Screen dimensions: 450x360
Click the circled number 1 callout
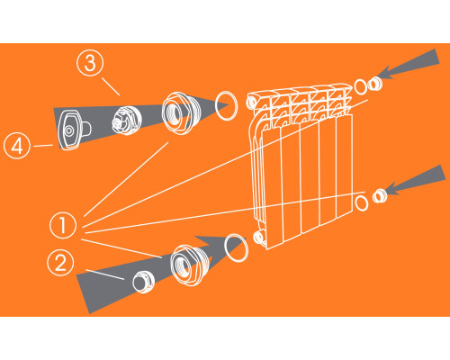coord(63,225)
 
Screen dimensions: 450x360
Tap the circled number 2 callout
coord(60,263)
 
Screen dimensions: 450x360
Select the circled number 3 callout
coord(90,63)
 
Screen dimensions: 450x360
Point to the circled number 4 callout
coord(17,146)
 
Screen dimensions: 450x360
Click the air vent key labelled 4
coord(72,129)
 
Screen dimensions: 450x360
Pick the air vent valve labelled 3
coord(126,120)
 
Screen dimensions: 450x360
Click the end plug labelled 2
coord(143,281)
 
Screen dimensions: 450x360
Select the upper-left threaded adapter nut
coord(178,112)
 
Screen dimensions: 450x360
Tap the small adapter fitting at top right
coord(375,84)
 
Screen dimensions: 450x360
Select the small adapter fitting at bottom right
coord(380,196)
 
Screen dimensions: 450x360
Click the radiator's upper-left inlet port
coord(251,103)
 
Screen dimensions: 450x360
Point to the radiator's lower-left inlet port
coord(258,237)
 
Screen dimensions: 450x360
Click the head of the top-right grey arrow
coord(385,73)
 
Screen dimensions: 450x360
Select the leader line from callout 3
coord(111,86)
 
